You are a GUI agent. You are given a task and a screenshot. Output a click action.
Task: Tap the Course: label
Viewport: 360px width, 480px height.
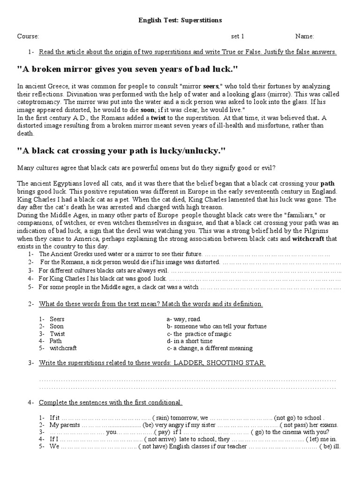28,37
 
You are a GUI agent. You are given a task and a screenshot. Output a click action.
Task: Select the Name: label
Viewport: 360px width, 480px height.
305,37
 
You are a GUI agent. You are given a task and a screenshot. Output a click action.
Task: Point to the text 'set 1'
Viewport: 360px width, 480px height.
238,37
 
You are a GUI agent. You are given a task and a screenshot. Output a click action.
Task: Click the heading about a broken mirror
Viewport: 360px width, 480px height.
128,69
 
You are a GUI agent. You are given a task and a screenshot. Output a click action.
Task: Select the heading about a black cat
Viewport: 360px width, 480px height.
122,151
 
